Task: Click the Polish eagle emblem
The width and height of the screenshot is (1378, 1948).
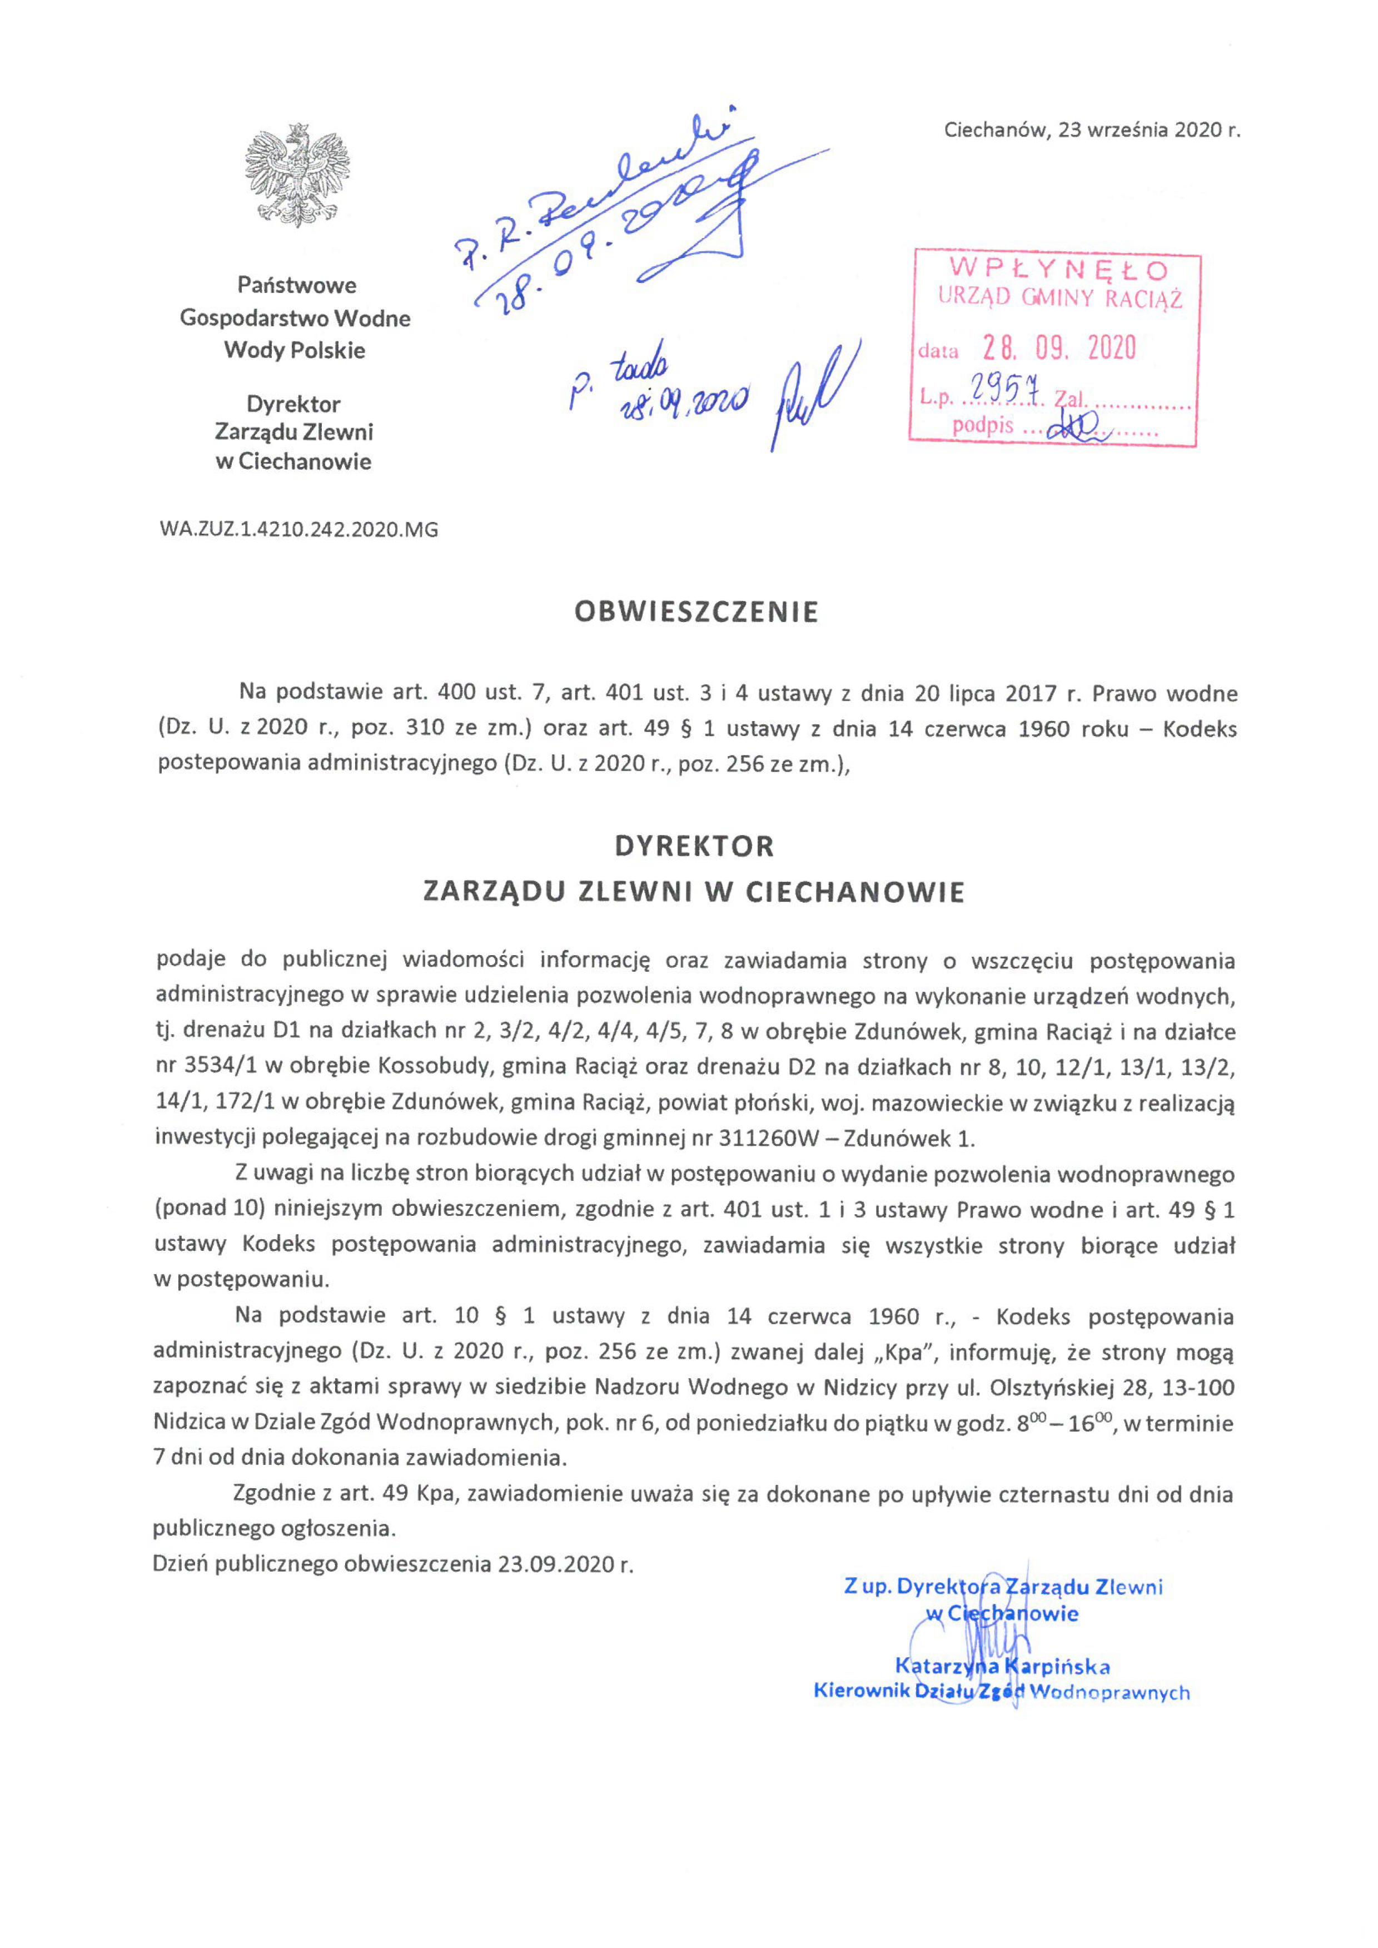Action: [x=297, y=176]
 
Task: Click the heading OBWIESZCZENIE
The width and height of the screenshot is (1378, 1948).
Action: [x=697, y=613]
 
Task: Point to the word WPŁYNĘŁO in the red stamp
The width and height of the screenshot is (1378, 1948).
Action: [x=1059, y=270]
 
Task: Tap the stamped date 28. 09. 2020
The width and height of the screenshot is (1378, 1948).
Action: [x=1059, y=348]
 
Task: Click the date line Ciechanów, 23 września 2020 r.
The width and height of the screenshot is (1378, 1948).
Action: [x=1092, y=131]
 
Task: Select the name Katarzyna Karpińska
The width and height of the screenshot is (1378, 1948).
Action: [x=1002, y=1666]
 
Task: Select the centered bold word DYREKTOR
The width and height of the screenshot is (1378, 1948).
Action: [x=694, y=847]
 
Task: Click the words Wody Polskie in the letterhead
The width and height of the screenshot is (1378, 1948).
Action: [x=295, y=350]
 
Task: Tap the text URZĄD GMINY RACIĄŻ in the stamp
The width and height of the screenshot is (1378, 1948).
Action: [x=1060, y=298]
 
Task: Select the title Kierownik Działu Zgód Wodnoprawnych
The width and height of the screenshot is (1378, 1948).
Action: [x=1001, y=1692]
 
